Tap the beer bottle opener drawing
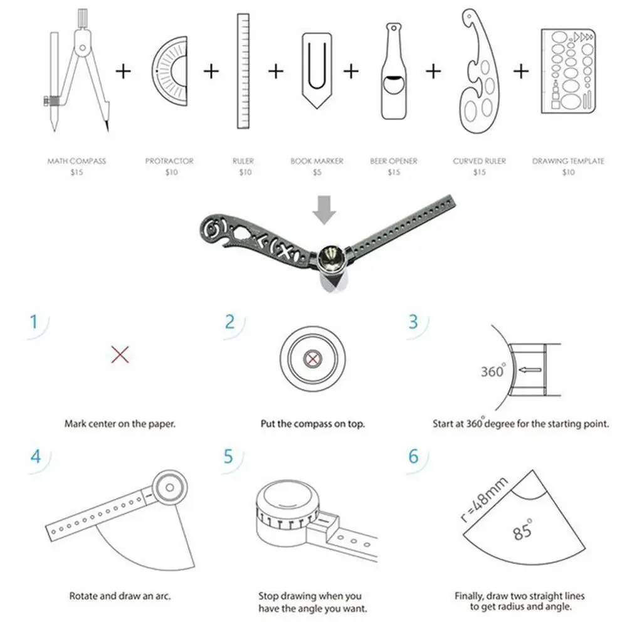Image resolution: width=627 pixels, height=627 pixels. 394,72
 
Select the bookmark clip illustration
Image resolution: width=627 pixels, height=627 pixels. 317,70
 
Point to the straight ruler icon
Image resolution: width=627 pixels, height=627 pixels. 243,71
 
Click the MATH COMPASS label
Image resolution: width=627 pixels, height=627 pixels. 76,161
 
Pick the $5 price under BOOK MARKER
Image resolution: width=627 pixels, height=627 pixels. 317,172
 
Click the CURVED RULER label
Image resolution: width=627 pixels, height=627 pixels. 480,161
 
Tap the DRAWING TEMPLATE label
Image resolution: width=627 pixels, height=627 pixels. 568,161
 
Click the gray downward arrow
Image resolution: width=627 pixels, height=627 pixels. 324,209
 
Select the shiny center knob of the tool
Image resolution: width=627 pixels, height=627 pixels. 332,257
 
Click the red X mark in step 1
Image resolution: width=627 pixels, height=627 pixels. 120,355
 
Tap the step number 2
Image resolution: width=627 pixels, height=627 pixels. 230,322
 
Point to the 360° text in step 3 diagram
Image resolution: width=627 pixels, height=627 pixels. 493,371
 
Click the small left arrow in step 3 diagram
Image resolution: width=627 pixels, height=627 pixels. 530,371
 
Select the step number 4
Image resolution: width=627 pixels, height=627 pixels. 36,456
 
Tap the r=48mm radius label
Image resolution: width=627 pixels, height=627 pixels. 484,500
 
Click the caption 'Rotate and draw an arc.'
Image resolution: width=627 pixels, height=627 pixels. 120,596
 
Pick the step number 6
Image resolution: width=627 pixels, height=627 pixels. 413,456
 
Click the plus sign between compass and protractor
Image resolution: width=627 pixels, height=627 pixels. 123,71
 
